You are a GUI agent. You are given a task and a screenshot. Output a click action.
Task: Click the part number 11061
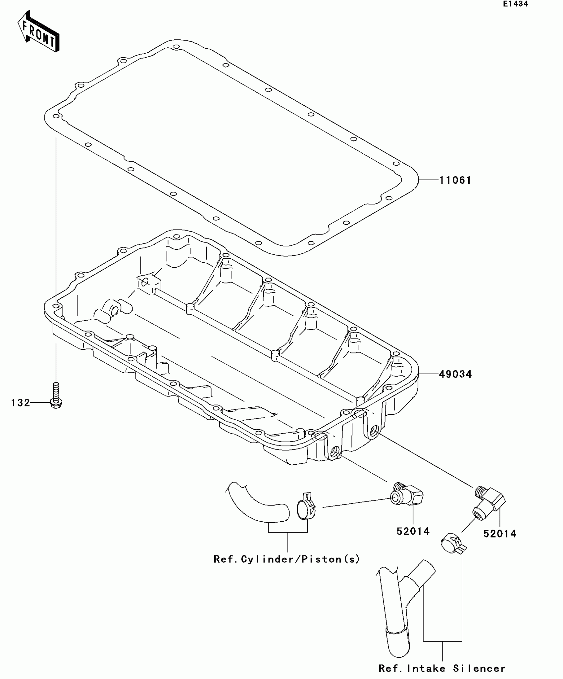coord(455,180)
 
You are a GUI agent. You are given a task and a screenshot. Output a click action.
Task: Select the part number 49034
coord(455,374)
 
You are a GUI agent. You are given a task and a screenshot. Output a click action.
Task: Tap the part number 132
coord(21,403)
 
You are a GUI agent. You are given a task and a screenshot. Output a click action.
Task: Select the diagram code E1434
coord(515,4)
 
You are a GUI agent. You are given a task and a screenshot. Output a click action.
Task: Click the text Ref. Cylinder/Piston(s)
coord(286,559)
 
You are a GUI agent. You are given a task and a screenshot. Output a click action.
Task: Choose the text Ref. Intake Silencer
coord(442,668)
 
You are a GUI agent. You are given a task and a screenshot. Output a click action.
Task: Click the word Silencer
coord(479,668)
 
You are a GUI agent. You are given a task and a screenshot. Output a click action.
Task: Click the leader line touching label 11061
coord(429,180)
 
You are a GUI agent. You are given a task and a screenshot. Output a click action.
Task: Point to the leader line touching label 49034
coord(429,374)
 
